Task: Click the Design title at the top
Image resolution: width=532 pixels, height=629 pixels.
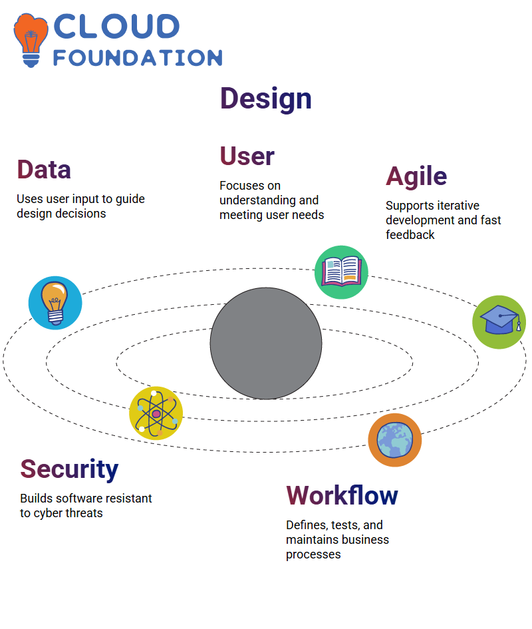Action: coord(266,99)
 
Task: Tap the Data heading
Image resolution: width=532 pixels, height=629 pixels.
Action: coord(44,170)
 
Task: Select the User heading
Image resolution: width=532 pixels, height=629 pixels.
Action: coord(247,156)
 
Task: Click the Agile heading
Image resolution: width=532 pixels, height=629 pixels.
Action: coord(416,177)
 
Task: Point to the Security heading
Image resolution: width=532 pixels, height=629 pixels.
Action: coord(69,469)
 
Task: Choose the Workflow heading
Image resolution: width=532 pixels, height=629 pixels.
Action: coord(342,495)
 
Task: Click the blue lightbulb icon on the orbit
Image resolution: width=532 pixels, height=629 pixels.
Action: coord(55,303)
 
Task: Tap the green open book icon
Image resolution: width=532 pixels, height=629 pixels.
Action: coord(341,272)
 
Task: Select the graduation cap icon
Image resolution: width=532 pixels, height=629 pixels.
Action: coord(499,322)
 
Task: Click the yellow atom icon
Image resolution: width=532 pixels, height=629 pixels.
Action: coord(156,413)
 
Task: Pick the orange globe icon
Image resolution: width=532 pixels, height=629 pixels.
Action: coord(395,440)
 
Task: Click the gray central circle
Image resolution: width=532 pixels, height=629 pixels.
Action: coord(266,343)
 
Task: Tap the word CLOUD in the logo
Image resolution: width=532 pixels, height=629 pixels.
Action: coord(116,27)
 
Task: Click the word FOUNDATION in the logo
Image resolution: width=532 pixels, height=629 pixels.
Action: coord(138,58)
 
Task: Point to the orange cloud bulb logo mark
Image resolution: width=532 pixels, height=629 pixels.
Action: coord(31,40)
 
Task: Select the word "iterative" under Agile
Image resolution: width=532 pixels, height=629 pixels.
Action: coord(457,206)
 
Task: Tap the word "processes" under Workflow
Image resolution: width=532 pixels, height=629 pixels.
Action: coord(313,555)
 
